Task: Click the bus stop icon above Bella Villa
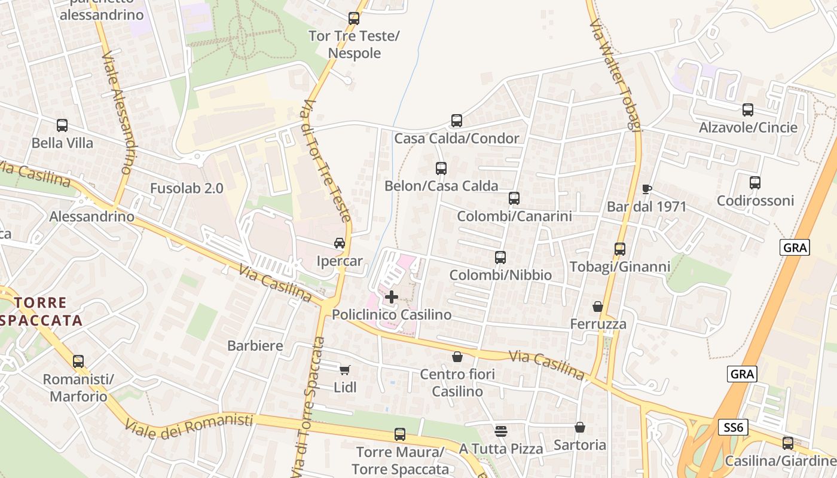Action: click(x=62, y=125)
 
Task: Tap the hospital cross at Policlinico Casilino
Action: click(x=392, y=296)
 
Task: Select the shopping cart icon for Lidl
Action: click(x=344, y=370)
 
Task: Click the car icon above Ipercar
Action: click(x=340, y=243)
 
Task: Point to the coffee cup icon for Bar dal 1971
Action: click(x=646, y=189)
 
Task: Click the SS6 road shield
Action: click(x=732, y=427)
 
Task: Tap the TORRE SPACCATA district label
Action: click(x=41, y=311)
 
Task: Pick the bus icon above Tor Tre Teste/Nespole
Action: click(x=354, y=19)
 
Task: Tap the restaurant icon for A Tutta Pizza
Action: click(x=501, y=431)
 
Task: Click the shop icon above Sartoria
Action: click(x=579, y=427)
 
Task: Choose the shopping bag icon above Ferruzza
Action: click(x=597, y=307)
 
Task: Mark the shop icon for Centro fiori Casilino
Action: click(x=457, y=357)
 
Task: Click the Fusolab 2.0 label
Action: click(x=187, y=188)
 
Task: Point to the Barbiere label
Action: click(x=255, y=345)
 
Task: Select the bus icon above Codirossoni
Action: click(x=755, y=183)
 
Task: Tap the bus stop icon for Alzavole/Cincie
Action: click(x=748, y=110)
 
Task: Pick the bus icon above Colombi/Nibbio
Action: click(x=500, y=258)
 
